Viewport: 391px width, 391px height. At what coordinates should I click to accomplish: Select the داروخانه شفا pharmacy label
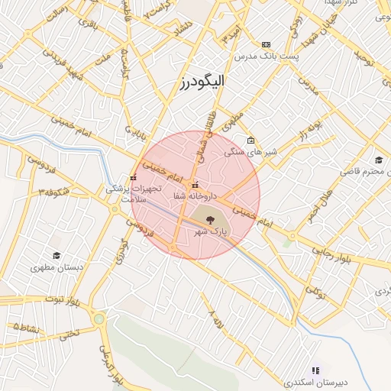pos(195,196)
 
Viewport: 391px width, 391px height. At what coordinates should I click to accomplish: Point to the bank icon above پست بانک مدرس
pos(266,44)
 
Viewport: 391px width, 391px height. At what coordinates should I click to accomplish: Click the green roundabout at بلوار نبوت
pos(99,318)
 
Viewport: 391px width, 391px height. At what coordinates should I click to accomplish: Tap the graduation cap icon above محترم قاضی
pos(378,160)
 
